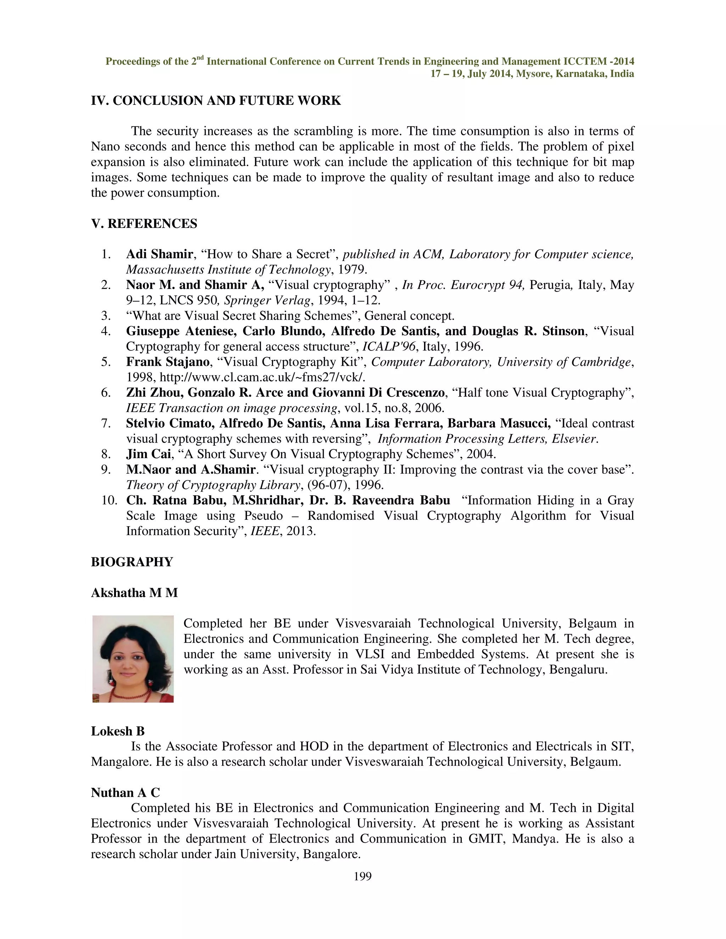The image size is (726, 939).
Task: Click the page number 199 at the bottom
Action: (362, 876)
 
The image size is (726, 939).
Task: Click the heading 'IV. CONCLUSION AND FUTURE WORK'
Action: (216, 101)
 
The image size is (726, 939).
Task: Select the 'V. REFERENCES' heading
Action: (144, 224)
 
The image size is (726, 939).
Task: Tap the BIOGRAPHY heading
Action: (132, 562)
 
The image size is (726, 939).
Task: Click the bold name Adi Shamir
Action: (159, 254)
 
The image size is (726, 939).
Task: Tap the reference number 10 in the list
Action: (109, 500)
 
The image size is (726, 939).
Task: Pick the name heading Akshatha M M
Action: (134, 593)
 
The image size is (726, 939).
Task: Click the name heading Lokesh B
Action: (117, 731)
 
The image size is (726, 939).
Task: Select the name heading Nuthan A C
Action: (125, 793)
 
